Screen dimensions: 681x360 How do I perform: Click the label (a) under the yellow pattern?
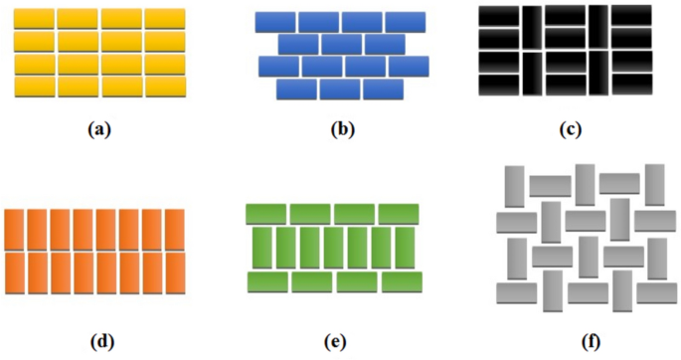click(99, 129)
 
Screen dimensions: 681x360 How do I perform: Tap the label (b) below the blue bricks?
click(343, 129)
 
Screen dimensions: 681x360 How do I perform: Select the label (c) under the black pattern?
click(571, 129)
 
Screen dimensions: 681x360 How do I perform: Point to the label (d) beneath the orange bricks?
click(102, 342)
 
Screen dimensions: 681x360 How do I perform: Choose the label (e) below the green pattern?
click(335, 342)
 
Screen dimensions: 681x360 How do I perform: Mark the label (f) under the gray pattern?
click(591, 342)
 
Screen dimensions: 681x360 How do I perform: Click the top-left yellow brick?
click(34, 19)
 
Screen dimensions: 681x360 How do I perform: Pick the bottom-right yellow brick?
click(165, 87)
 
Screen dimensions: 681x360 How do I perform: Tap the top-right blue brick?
click(406, 22)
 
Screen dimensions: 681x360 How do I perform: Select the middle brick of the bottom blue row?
click(340, 90)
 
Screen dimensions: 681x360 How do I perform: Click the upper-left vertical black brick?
click(532, 27)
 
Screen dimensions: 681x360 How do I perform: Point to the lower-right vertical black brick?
click(598, 73)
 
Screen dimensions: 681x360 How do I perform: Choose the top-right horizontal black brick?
click(631, 15)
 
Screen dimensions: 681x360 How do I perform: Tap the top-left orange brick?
click(15, 230)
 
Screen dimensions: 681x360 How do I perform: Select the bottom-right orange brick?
click(175, 273)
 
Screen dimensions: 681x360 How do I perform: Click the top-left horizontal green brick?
click(265, 214)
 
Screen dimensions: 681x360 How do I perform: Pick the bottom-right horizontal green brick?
click(402, 282)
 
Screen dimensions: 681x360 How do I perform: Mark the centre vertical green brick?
click(333, 248)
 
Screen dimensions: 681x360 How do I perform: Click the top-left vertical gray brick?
click(515, 187)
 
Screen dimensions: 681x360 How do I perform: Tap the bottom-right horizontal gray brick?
click(657, 293)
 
